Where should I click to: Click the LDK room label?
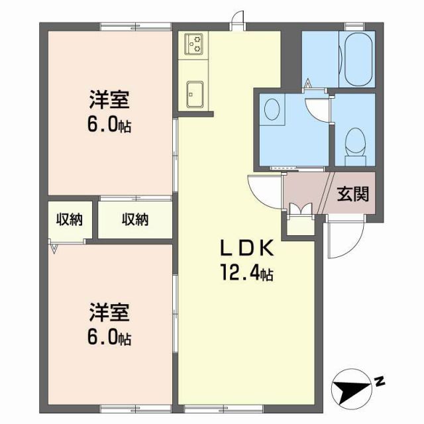(246, 248)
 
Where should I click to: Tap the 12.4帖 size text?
(248, 271)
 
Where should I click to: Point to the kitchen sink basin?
(195, 92)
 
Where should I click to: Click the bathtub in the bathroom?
(358, 58)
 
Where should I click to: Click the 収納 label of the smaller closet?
(69, 219)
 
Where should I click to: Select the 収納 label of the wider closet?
(134, 219)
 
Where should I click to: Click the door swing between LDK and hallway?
(264, 191)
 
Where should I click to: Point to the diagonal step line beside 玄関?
(325, 193)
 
